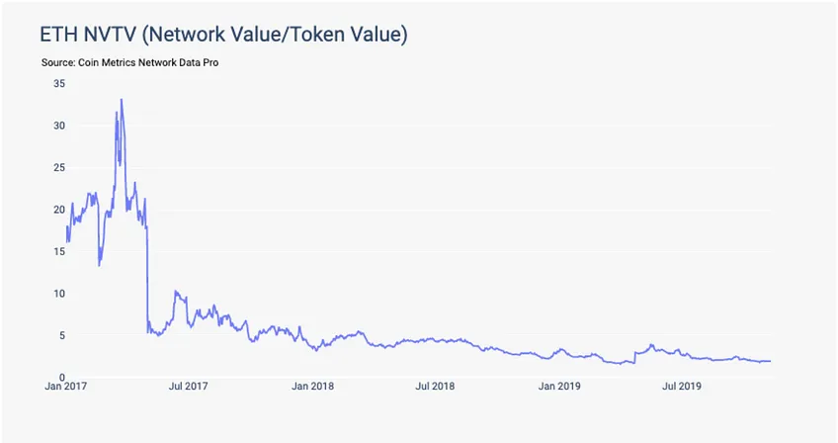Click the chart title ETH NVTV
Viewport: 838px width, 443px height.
(x=224, y=35)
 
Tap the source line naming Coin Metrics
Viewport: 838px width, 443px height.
(x=129, y=62)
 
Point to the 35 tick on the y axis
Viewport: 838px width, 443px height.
(x=59, y=83)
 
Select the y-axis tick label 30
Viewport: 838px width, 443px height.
(x=59, y=126)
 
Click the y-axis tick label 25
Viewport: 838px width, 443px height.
(x=59, y=167)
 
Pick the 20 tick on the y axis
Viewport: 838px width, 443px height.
(x=59, y=210)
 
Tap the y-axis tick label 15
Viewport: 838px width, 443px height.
(x=59, y=251)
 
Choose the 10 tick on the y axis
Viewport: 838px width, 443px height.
(x=59, y=294)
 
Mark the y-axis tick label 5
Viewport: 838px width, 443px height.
(x=62, y=335)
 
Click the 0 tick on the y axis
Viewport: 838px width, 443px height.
(x=62, y=377)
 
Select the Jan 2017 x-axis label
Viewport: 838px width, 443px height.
(x=66, y=386)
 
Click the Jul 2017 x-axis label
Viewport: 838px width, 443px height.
(x=188, y=386)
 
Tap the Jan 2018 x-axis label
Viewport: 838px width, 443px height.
(x=312, y=386)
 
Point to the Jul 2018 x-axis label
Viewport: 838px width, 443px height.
(x=435, y=386)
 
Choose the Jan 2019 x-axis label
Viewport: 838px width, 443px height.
(x=559, y=386)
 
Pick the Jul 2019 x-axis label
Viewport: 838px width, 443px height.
(x=682, y=386)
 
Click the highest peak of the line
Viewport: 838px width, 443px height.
(x=122, y=99)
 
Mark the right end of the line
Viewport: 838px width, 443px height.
(x=770, y=361)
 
